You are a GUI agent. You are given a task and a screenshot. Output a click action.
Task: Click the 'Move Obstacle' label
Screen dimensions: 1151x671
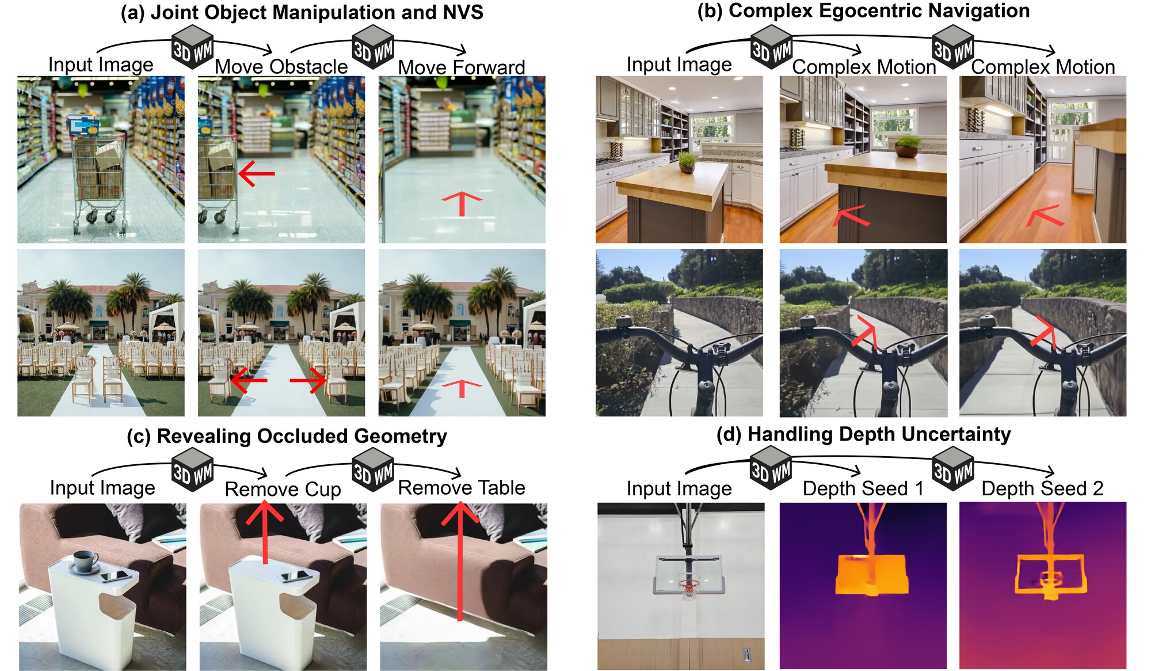click(x=281, y=67)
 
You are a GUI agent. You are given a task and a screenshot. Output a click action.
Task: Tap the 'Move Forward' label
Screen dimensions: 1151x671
click(x=462, y=67)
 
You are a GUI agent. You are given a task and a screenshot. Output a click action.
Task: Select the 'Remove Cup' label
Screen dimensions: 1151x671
click(x=283, y=489)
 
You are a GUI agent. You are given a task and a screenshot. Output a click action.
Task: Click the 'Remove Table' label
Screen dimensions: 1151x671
click(x=462, y=488)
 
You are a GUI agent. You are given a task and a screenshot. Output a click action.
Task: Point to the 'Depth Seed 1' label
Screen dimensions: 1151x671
click(x=863, y=488)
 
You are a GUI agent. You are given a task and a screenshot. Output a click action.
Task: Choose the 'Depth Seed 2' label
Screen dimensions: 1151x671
click(x=1042, y=488)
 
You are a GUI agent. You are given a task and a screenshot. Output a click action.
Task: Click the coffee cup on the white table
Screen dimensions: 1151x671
click(x=86, y=562)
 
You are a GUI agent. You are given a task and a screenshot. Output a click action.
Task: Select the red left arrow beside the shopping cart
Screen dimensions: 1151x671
click(x=257, y=173)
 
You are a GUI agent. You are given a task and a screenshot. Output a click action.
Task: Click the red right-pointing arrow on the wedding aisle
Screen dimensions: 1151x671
click(x=308, y=381)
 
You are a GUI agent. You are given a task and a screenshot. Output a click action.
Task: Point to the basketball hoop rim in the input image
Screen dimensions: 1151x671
click(x=689, y=584)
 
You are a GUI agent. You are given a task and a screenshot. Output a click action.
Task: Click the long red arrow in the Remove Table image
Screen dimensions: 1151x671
click(x=460, y=561)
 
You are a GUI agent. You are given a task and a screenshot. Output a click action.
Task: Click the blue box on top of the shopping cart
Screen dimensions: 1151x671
click(x=83, y=126)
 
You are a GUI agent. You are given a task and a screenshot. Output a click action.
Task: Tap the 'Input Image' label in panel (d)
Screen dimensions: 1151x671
click(x=679, y=488)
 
